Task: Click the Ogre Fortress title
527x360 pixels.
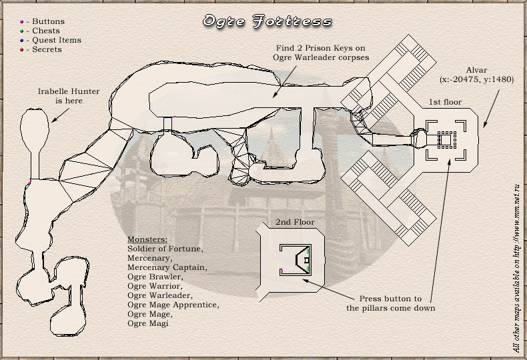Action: (x=268, y=21)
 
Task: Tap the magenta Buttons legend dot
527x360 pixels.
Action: (x=22, y=22)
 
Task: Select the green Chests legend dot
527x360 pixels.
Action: (x=22, y=31)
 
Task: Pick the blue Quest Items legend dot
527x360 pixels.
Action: (x=22, y=41)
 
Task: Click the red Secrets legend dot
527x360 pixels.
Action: (x=22, y=50)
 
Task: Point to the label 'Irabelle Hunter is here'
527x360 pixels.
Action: (x=69, y=96)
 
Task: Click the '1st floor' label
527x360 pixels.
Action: (x=445, y=102)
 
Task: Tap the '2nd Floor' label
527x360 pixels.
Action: (x=295, y=222)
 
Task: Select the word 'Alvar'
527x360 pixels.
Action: (x=476, y=70)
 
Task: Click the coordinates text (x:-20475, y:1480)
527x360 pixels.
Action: (x=476, y=79)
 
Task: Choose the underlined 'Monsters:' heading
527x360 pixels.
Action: (x=147, y=239)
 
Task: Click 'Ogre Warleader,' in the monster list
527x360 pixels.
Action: (x=160, y=295)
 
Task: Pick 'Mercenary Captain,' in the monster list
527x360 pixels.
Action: (x=167, y=267)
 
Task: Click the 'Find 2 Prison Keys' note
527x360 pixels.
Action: (x=321, y=53)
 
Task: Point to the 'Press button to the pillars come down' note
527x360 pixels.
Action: (x=390, y=303)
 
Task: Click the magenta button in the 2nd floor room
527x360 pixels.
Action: (x=282, y=271)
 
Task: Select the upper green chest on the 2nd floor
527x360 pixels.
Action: (x=308, y=251)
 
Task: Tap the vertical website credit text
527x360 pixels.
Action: (x=516, y=268)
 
